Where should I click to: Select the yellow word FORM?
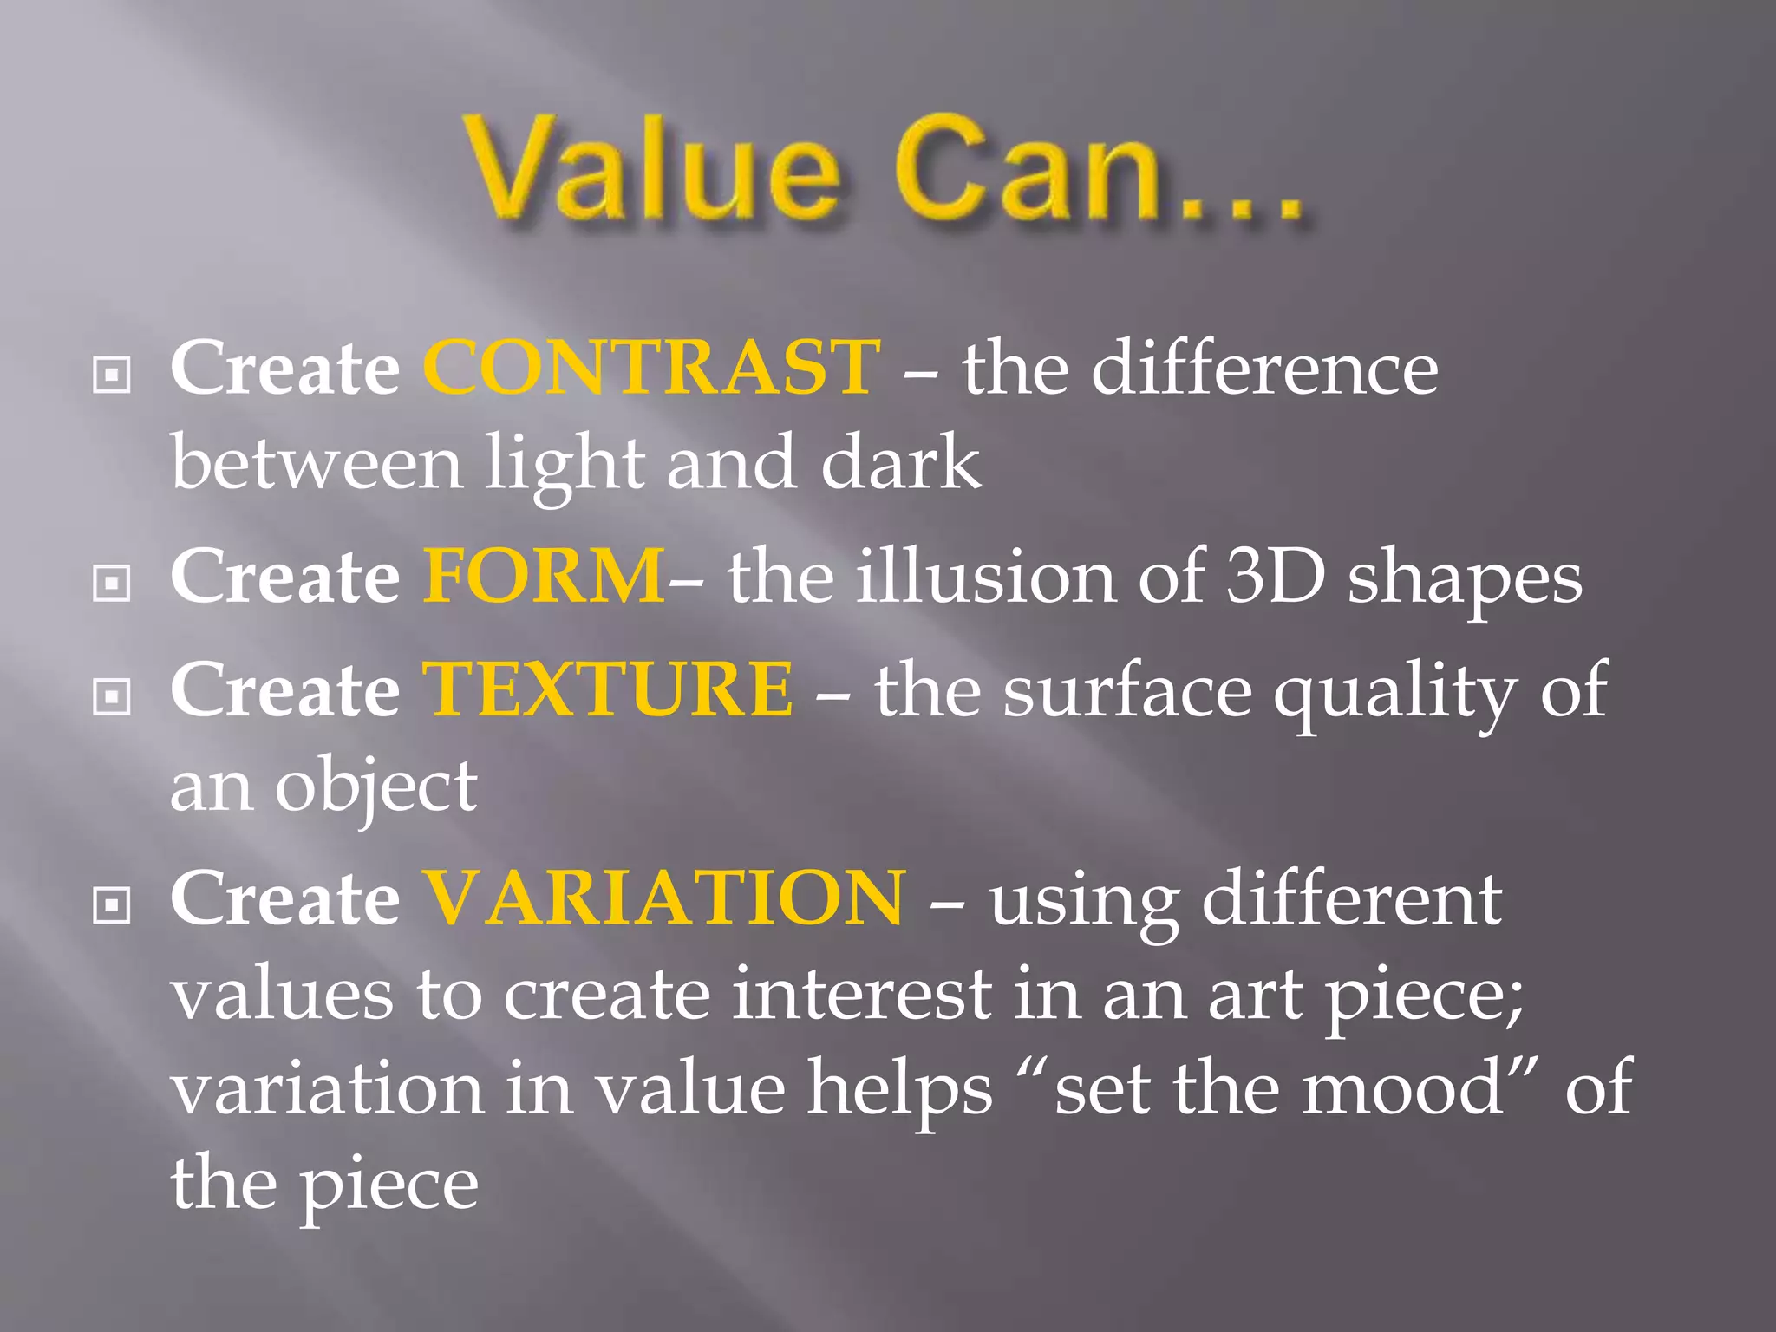(x=545, y=576)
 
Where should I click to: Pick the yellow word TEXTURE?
(x=607, y=689)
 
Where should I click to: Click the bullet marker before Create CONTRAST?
(x=112, y=375)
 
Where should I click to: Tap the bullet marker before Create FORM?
(x=112, y=583)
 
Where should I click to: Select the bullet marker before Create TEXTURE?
(x=112, y=695)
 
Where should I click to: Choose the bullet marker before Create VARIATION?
(x=112, y=905)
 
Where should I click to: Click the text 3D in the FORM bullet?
(x=1275, y=576)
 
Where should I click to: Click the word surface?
(x=1127, y=690)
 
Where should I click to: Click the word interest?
(x=862, y=995)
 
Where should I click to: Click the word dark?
(x=901, y=463)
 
